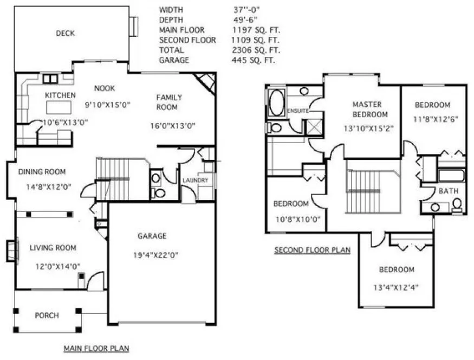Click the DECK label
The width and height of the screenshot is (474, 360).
pyautogui.click(x=65, y=34)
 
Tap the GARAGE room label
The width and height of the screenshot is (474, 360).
pyautogui.click(x=152, y=236)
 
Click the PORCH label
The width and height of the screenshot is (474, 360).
pyautogui.click(x=47, y=316)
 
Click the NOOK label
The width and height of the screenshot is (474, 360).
pyautogui.click(x=105, y=88)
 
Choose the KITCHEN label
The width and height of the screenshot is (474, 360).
pyautogui.click(x=60, y=95)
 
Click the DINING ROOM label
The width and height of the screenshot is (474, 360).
pyautogui.click(x=42, y=172)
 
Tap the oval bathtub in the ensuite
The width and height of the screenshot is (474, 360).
pyautogui.click(x=276, y=103)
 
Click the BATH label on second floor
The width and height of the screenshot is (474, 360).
pyautogui.click(x=447, y=191)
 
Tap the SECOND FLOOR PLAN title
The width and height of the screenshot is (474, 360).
pyautogui.click(x=312, y=250)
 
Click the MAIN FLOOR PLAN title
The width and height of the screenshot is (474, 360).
pyautogui.click(x=96, y=348)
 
